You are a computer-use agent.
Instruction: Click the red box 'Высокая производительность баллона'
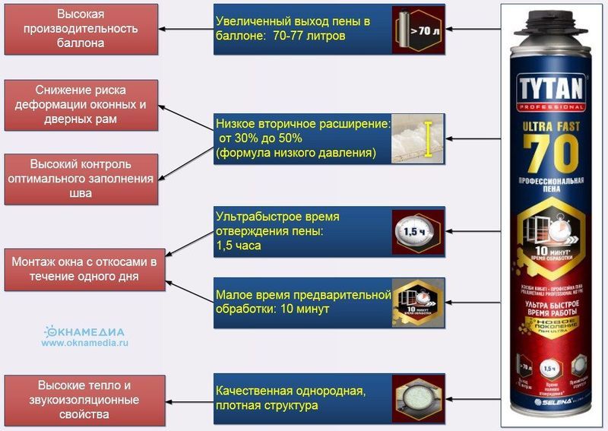click(81, 29)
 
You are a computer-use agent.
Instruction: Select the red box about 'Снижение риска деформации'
click(81, 105)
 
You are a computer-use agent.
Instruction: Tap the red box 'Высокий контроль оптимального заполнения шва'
click(81, 179)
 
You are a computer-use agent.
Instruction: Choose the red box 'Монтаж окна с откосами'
click(84, 269)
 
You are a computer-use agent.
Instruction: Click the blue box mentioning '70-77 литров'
click(302, 29)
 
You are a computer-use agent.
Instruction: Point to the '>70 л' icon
click(418, 29)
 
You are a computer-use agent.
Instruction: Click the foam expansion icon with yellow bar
click(418, 139)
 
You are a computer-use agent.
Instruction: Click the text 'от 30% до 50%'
click(261, 138)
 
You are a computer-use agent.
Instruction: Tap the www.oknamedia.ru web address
click(85, 343)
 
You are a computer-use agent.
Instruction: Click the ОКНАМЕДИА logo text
click(85, 331)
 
